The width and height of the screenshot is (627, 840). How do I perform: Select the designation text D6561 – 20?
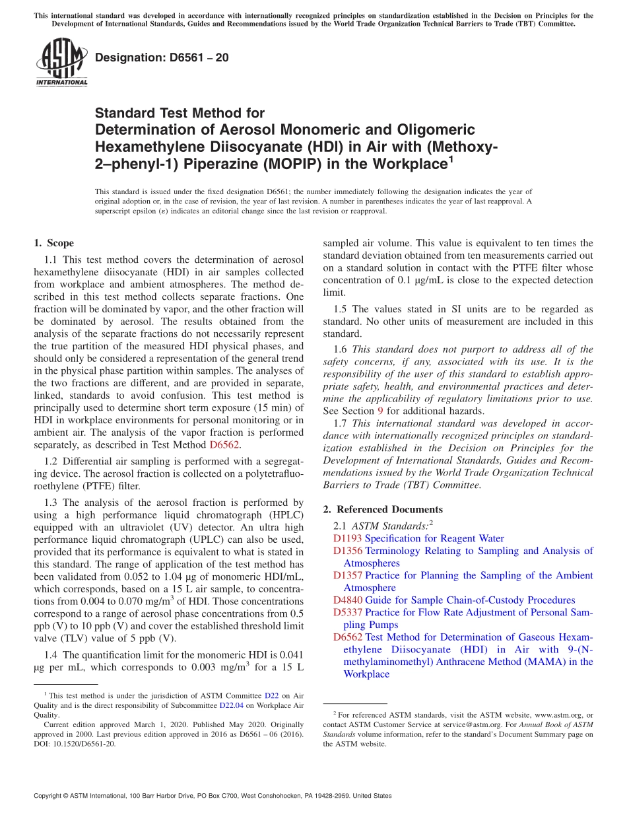point(162,57)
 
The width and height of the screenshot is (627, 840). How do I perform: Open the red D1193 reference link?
point(347,538)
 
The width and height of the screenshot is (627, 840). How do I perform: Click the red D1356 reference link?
point(347,551)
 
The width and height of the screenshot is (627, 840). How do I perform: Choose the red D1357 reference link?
point(347,575)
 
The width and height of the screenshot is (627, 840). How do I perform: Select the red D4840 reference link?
point(347,600)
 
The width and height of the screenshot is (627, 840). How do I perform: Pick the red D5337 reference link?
point(347,612)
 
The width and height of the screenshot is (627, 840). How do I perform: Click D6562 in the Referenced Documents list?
point(347,637)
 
